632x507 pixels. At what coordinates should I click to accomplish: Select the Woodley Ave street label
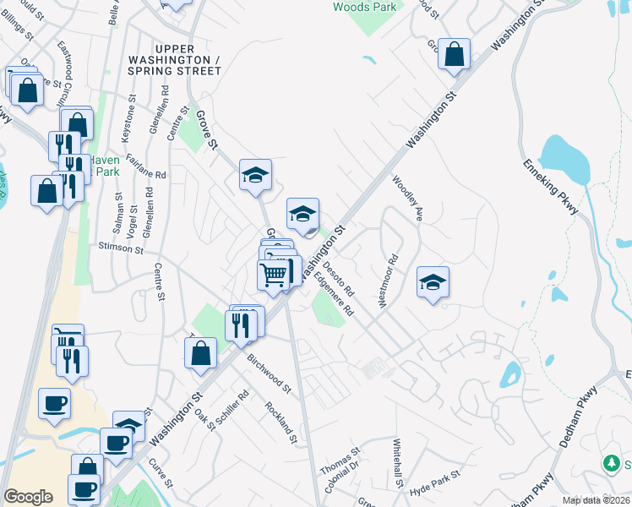click(406, 198)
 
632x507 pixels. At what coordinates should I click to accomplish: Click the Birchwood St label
click(269, 373)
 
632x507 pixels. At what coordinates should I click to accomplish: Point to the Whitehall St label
click(397, 463)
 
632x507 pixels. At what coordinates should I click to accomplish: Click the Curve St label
click(161, 472)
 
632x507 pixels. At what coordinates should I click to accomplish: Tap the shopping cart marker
click(273, 274)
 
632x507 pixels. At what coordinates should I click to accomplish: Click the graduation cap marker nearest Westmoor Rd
click(433, 282)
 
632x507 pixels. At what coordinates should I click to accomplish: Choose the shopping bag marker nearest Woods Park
click(455, 54)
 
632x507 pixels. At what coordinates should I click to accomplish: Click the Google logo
click(28, 497)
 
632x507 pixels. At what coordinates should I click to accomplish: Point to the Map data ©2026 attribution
click(595, 500)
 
